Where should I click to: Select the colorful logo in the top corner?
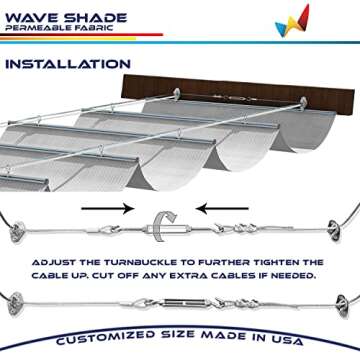pos(291,19)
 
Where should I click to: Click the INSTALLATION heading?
pos(69,65)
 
